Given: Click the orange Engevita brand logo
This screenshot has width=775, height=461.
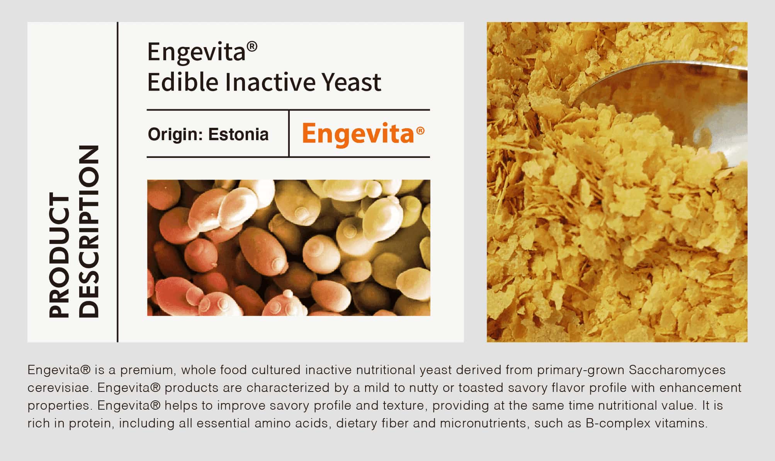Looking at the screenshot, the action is coord(363,134).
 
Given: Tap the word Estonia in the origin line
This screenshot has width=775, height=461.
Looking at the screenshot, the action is coord(238,134).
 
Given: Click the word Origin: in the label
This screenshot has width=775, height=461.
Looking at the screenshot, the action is coord(175,134).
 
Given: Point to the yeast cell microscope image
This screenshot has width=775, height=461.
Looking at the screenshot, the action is coord(289,247).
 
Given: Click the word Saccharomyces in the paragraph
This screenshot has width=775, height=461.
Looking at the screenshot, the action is coord(677,370).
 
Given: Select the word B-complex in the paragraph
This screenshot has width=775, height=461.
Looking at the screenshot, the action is coord(618,424).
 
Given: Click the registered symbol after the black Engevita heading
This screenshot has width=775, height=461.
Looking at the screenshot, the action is coord(252,47).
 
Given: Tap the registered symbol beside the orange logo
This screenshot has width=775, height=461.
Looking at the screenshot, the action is coord(420,131).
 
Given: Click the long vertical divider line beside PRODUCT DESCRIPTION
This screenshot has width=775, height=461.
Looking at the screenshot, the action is coord(117,182).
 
